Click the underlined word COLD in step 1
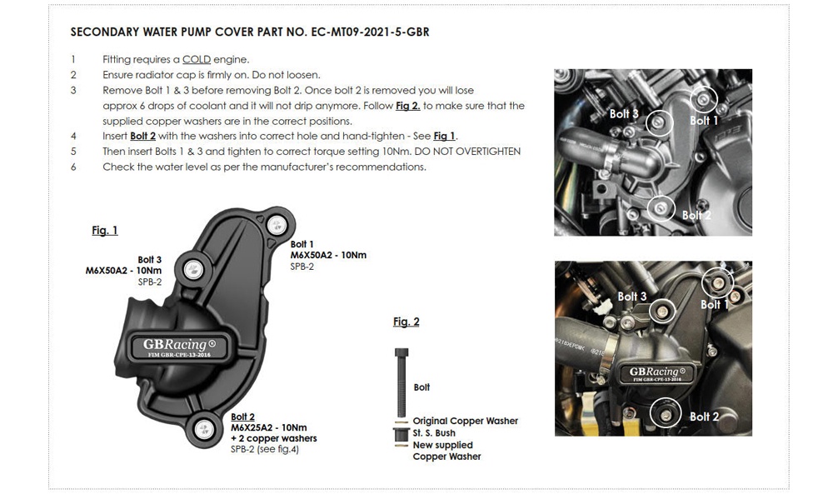[x=197, y=60]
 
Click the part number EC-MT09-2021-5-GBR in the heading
[x=362, y=32]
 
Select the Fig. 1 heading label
[x=105, y=231]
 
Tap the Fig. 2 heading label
[x=407, y=322]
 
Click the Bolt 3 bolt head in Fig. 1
[x=193, y=268]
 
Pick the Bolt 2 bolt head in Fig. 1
[x=202, y=429]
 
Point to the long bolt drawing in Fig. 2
[x=402, y=379]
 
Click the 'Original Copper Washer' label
[x=465, y=421]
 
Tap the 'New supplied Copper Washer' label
[x=446, y=451]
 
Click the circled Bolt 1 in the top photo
[x=705, y=100]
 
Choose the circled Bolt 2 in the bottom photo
[x=665, y=413]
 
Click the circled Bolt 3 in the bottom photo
[x=663, y=311]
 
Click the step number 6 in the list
[x=73, y=167]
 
